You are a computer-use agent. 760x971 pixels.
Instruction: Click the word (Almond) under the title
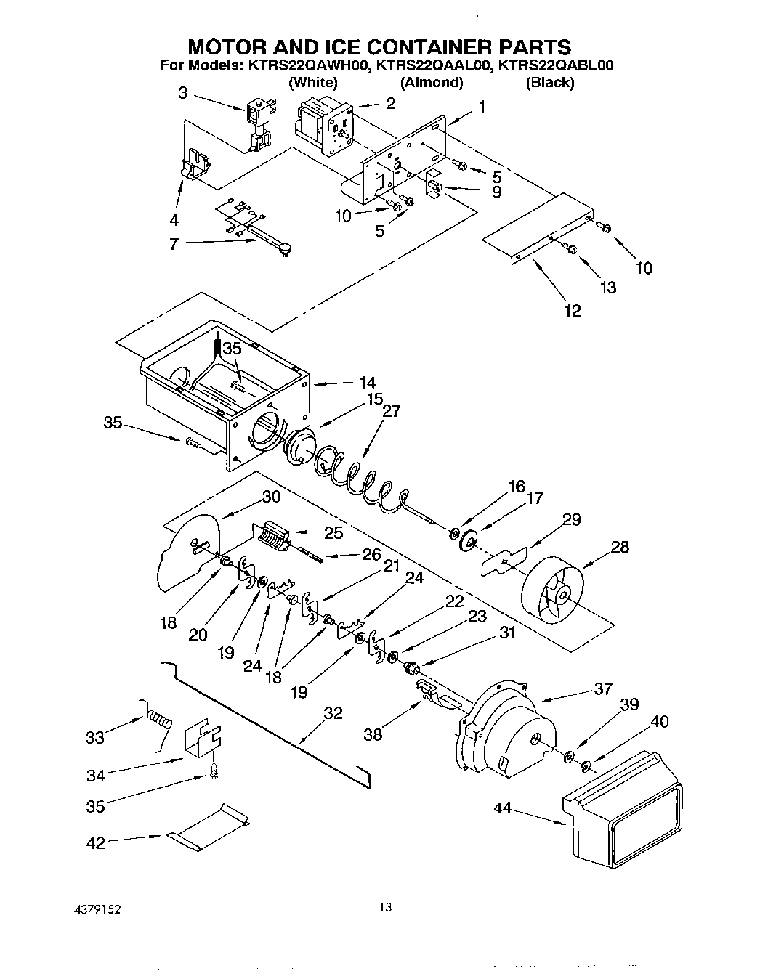click(x=432, y=82)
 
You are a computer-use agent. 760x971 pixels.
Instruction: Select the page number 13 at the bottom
click(x=385, y=907)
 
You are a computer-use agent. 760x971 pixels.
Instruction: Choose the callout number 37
click(x=603, y=689)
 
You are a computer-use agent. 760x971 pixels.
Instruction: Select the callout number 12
click(x=573, y=311)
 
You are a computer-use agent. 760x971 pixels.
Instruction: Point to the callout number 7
click(x=174, y=244)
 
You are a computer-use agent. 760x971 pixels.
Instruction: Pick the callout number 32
click(x=333, y=713)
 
